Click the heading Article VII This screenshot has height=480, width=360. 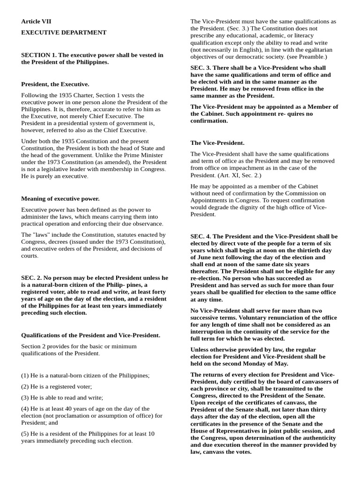(x=36, y=22)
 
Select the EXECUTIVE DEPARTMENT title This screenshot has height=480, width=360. (x=64, y=32)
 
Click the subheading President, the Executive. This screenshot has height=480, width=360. (x=55, y=84)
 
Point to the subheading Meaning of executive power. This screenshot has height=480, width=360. (x=60, y=199)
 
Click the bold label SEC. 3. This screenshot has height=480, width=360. (x=201, y=67)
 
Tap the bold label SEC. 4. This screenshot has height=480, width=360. (x=201, y=237)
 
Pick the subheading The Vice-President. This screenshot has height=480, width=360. (x=217, y=142)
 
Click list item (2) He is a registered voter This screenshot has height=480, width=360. (x=56, y=387)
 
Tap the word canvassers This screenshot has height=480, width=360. (x=322, y=382)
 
